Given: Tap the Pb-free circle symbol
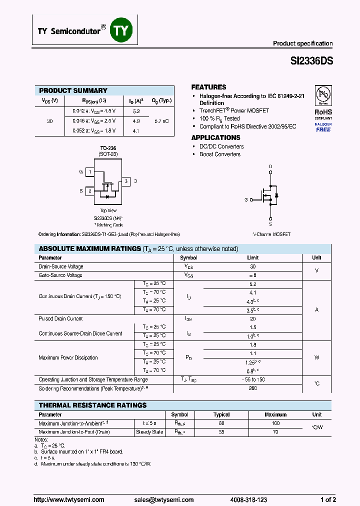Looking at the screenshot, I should [323, 95].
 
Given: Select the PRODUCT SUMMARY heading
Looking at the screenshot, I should [73, 90].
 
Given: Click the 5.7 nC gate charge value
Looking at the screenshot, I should [161, 121].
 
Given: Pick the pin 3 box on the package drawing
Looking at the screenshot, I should [126, 181].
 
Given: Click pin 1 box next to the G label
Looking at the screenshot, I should [89, 172].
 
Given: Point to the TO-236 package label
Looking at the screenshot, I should [107, 148].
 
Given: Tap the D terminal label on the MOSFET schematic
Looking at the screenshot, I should [270, 166].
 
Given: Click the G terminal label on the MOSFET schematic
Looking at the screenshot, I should [246, 199].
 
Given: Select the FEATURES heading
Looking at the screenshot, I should [208, 87].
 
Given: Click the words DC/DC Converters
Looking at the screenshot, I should [221, 146].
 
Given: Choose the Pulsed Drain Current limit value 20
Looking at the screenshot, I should [253, 318].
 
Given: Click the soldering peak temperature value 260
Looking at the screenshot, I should [253, 388].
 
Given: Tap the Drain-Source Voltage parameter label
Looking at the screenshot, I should [61, 267].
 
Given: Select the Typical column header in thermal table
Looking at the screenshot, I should [221, 414].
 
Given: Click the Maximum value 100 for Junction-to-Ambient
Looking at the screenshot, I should [275, 423].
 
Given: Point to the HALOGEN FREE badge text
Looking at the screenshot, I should [323, 126].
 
